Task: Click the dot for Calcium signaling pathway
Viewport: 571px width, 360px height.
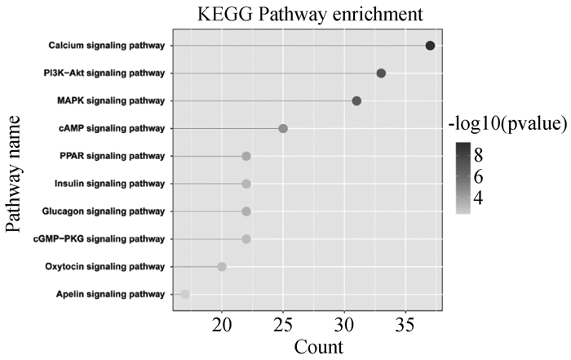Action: (430, 46)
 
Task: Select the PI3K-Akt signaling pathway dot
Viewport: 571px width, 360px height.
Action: (381, 73)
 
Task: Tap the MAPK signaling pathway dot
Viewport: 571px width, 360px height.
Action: (356, 101)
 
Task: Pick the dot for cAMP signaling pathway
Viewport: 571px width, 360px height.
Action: (283, 129)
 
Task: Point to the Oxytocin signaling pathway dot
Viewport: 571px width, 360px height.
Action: (222, 267)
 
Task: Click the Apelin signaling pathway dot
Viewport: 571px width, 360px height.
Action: (185, 295)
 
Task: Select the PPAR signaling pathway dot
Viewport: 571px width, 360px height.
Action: (246, 157)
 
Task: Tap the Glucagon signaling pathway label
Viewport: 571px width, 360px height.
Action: (104, 211)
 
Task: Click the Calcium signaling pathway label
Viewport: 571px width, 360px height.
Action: (106, 46)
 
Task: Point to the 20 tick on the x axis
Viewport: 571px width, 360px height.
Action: (222, 327)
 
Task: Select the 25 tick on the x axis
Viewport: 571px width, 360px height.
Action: (283, 327)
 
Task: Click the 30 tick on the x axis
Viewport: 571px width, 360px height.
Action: (344, 327)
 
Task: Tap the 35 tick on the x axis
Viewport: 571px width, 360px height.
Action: (405, 327)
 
